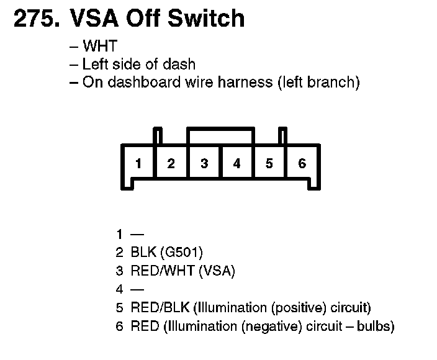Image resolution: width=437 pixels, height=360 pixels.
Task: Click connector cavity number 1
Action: click(138, 164)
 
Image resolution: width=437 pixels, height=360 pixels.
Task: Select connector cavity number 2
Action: click(171, 164)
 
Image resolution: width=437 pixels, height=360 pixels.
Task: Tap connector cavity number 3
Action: click(204, 164)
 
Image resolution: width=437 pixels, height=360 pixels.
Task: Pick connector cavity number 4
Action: click(237, 164)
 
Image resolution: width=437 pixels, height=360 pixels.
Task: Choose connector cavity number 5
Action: click(269, 164)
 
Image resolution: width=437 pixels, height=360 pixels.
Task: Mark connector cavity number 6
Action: click(302, 164)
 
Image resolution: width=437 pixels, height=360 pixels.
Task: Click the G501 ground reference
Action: click(181, 253)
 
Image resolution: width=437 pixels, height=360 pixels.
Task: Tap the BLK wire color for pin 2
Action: click(143, 253)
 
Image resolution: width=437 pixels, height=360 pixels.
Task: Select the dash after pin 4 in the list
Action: click(137, 289)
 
